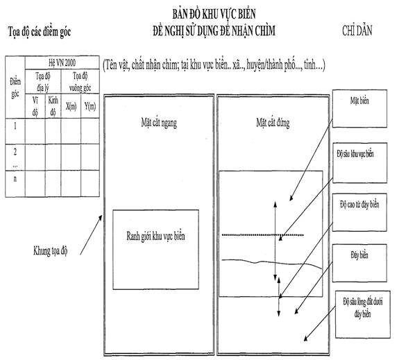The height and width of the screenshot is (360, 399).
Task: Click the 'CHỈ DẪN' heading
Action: click(357, 31)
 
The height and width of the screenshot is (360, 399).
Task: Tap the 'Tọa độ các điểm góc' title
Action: click(40, 32)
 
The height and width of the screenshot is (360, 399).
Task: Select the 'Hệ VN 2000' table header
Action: click(62, 62)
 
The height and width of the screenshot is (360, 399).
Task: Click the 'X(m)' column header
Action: click(71, 106)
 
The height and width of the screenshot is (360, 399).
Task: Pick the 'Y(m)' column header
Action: click(90, 106)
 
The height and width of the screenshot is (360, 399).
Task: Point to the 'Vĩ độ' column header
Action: click(35, 106)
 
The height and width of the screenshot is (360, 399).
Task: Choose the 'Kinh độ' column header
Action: click(53, 106)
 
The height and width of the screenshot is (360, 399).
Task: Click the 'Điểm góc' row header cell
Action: click(15, 87)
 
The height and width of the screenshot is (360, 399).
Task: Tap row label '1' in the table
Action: click(15, 126)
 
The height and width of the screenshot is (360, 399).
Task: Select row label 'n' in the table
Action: click(15, 179)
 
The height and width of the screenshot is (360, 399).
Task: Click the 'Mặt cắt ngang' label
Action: click(159, 123)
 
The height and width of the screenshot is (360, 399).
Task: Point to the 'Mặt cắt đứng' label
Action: click(273, 123)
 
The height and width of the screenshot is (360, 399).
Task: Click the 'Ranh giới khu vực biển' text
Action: click(155, 236)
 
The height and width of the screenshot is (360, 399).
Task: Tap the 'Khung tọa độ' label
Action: click(51, 251)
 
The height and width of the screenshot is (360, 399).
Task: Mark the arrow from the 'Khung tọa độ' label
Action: click(91, 235)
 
